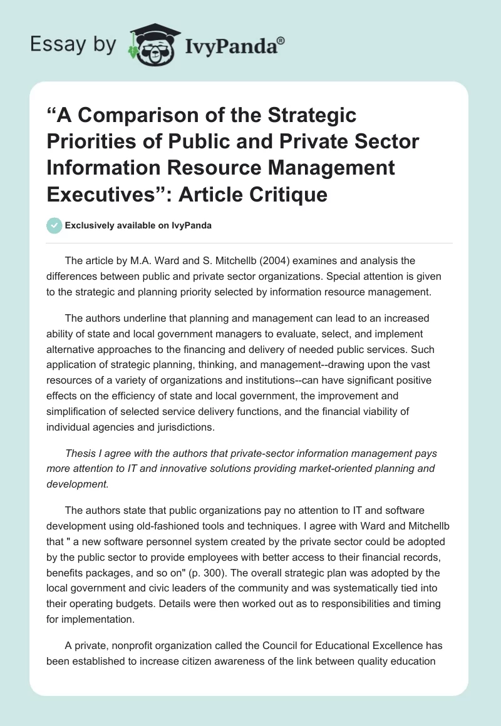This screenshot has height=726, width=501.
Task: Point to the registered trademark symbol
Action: (281, 39)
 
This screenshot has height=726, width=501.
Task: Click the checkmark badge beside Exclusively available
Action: (54, 225)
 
